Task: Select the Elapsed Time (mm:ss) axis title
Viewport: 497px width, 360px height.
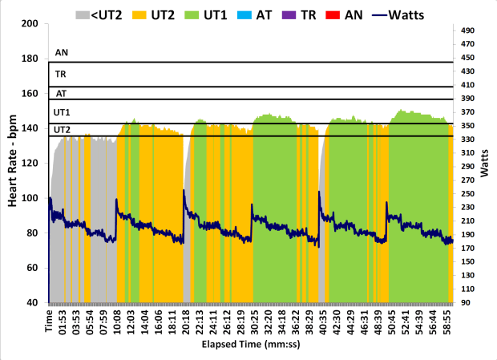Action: [248, 346]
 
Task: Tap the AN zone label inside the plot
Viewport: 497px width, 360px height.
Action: [61, 54]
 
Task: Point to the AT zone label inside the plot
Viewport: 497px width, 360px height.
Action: [61, 93]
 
